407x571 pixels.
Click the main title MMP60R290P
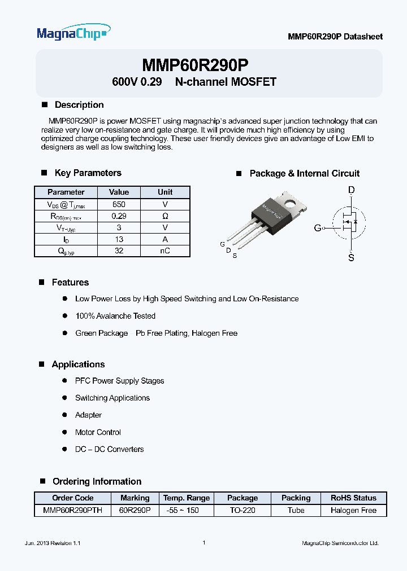(195, 65)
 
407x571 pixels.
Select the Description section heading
(79, 105)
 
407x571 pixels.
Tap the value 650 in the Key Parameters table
(119, 204)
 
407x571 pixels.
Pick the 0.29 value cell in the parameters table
(119, 216)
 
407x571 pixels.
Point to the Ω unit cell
(165, 216)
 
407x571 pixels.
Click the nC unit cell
(165, 251)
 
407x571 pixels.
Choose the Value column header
(119, 192)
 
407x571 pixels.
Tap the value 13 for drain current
(119, 239)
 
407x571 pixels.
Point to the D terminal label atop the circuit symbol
(352, 190)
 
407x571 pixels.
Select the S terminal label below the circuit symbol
(352, 258)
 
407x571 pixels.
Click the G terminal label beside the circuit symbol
(318, 227)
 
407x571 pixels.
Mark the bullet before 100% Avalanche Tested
(64, 316)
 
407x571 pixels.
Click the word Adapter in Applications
(88, 415)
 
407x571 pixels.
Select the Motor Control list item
(98, 432)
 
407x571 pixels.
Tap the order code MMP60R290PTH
(72, 510)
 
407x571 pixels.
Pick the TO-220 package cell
(242, 510)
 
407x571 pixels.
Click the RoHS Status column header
(353, 498)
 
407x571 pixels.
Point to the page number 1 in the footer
(203, 543)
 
